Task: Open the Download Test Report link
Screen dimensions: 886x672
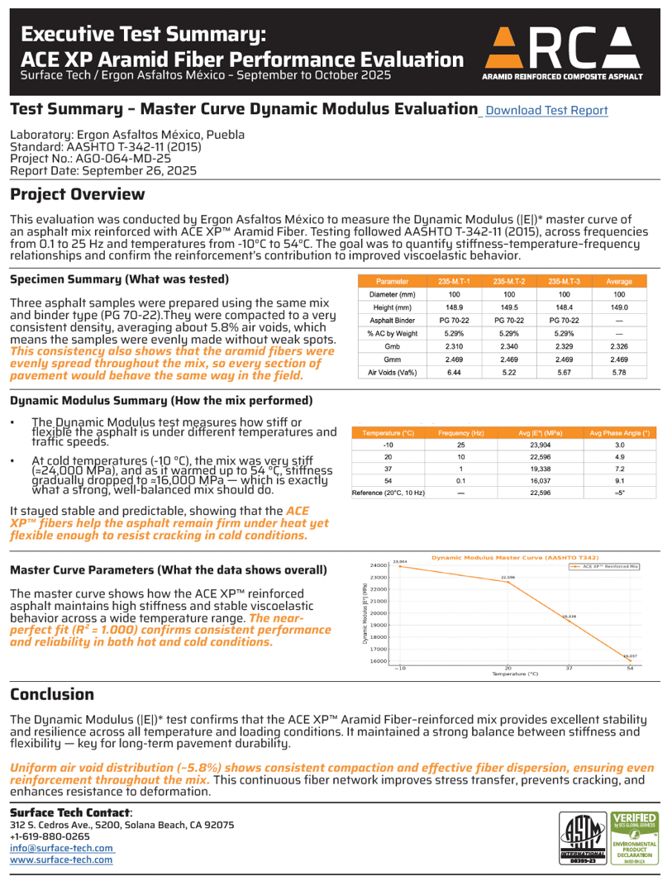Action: click(x=546, y=110)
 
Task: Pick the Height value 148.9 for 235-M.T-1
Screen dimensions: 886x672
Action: click(x=455, y=308)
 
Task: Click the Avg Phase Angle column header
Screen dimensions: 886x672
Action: click(x=619, y=432)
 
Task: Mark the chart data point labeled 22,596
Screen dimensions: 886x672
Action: click(x=508, y=583)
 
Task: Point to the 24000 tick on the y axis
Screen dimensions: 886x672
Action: click(x=379, y=565)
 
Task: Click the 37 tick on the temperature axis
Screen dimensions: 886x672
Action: click(x=568, y=668)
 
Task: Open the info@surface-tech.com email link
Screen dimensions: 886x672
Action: click(x=61, y=848)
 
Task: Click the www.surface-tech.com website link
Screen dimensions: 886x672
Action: click(x=61, y=860)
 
